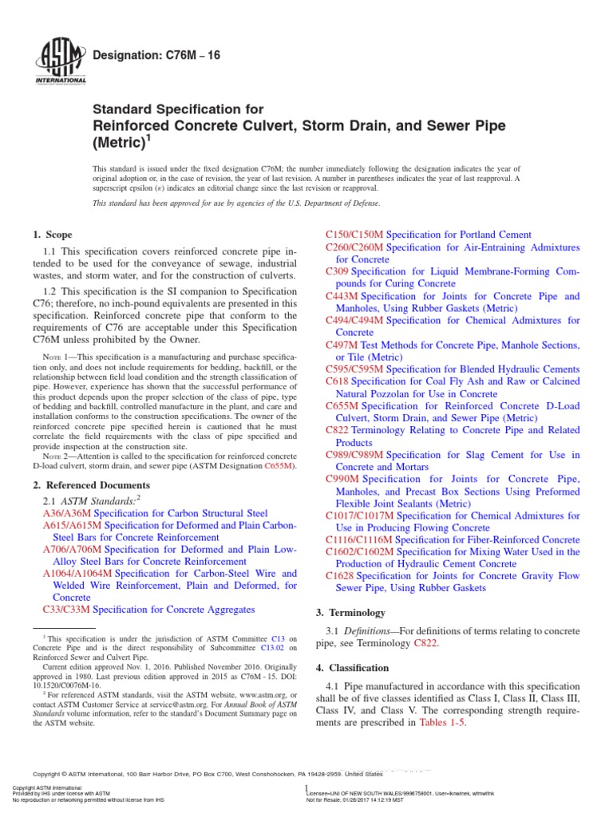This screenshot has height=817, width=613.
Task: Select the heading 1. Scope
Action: point(52,235)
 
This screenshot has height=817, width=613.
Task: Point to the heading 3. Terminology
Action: point(351,613)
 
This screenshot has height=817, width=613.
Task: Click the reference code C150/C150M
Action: point(355,235)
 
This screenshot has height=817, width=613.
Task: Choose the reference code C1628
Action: point(340,575)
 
